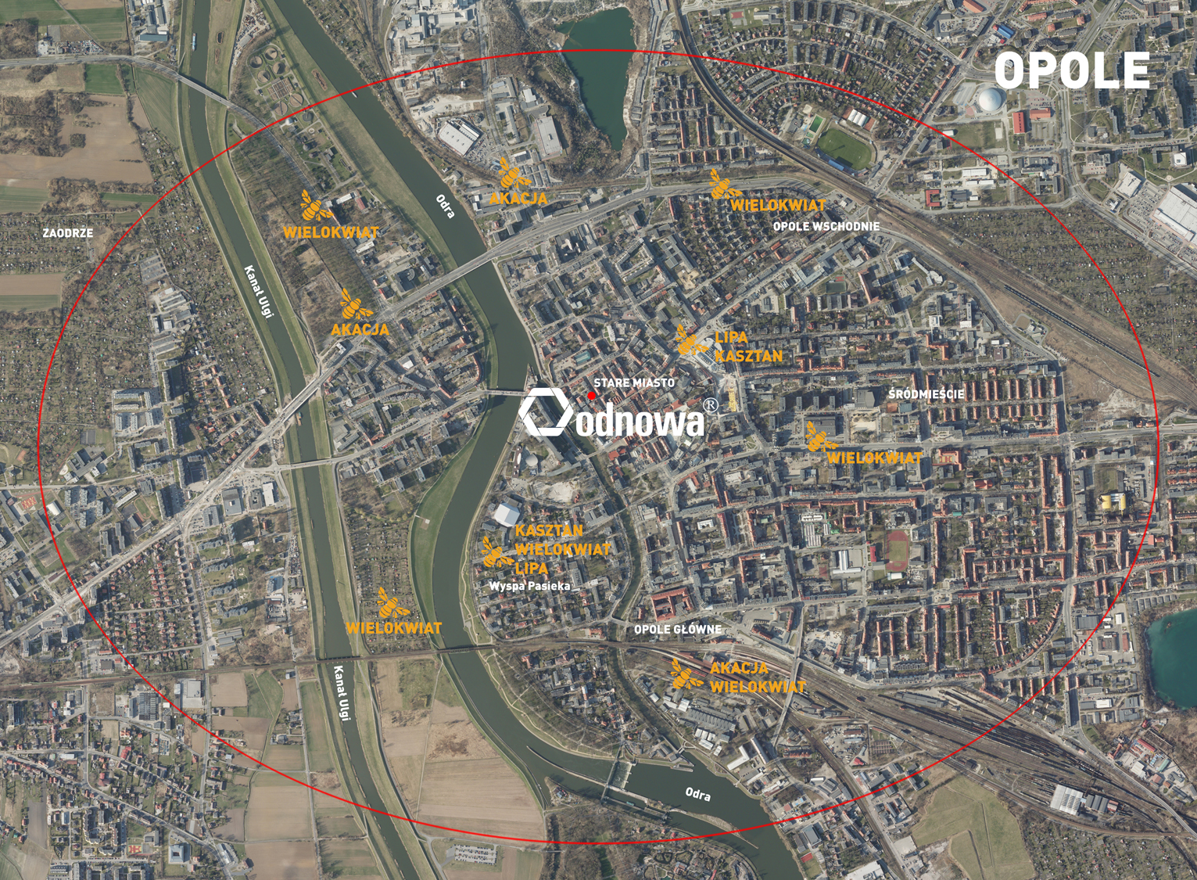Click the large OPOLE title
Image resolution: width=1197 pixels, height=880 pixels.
1071,70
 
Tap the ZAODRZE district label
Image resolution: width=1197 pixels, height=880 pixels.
68,233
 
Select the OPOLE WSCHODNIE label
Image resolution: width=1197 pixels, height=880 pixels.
826,226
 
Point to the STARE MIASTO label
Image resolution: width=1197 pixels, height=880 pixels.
633,383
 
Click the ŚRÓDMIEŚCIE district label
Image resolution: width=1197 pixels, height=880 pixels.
926,394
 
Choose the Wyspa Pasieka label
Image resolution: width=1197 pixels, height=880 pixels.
529,585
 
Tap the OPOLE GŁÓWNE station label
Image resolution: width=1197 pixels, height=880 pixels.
678,629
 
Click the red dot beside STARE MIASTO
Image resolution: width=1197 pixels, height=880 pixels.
592,396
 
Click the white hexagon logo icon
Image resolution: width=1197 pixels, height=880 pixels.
547,411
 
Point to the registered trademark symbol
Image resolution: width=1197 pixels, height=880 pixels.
711,405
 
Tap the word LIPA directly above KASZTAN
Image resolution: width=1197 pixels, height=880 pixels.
731,338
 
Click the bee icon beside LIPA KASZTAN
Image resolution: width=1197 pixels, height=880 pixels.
690,341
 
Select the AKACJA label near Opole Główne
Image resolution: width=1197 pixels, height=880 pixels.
739,669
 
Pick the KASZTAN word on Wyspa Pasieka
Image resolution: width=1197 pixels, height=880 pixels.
549,531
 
